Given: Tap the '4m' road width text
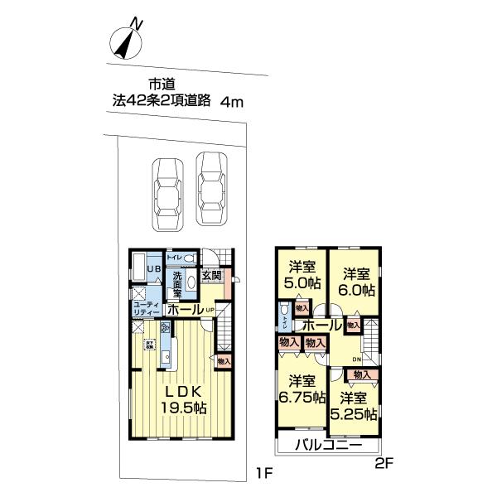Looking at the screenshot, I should click(x=234, y=102).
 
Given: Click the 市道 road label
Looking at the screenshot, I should click(x=161, y=84).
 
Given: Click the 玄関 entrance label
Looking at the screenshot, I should click(x=210, y=276).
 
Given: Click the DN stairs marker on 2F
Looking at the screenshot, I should click(x=356, y=358).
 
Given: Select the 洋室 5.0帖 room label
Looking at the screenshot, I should click(x=302, y=275).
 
